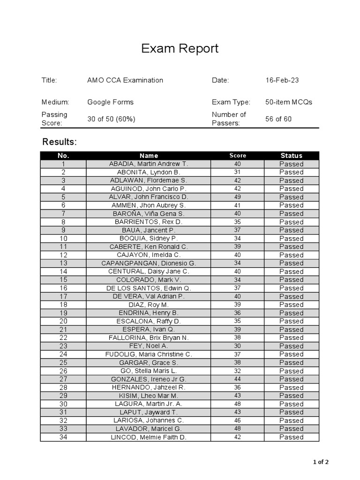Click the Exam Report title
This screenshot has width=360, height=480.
pos(180,49)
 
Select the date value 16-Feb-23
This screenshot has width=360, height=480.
pos(282,80)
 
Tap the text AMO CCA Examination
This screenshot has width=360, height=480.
pos(125,80)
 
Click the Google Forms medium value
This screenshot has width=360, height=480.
pos(110,102)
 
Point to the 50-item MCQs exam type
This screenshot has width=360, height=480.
pos(288,102)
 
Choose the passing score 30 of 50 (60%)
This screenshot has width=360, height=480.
pos(111,119)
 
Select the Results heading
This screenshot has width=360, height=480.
pos(60,142)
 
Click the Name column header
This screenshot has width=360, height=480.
pos(149,156)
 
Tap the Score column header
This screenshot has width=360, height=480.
pos(237,156)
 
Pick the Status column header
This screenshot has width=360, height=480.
pos(291,156)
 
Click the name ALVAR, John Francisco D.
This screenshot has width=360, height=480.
pos(149,197)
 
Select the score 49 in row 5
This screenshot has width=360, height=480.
pos(237,197)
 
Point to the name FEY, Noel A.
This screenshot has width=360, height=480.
pos(149,346)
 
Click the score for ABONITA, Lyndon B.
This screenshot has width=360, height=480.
pos(237,172)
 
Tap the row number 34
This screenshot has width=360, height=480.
pos(63,437)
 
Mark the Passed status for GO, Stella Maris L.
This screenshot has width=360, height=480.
pos(291,371)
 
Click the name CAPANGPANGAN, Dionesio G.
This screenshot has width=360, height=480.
pos(149,263)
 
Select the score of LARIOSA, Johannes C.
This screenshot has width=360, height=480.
pos(237,420)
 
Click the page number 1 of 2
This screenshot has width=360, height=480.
pos(321,462)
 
